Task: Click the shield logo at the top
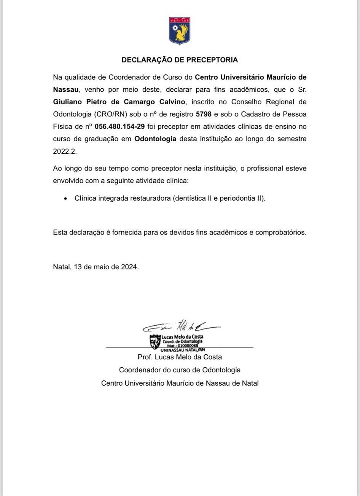click(180, 30)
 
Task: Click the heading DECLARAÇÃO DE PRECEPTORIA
click(180, 60)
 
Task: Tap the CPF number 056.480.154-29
click(120, 126)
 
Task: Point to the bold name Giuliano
click(66, 102)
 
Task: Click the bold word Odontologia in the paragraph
click(155, 139)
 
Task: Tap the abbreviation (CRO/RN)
click(106, 114)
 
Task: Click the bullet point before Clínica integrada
click(66, 199)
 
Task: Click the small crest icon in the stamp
click(155, 342)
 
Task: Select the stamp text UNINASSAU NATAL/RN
click(183, 349)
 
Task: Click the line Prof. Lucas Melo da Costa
click(180, 357)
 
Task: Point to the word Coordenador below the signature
click(137, 370)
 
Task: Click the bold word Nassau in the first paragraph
click(66, 89)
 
